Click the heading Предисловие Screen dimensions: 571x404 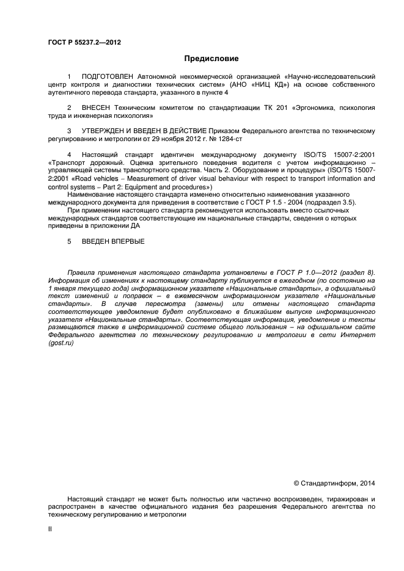[x=211, y=59]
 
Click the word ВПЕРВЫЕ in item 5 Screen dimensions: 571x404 [x=127, y=242]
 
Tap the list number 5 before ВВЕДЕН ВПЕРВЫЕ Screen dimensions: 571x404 [x=70, y=242]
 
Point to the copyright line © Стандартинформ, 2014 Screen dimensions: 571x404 [x=334, y=483]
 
